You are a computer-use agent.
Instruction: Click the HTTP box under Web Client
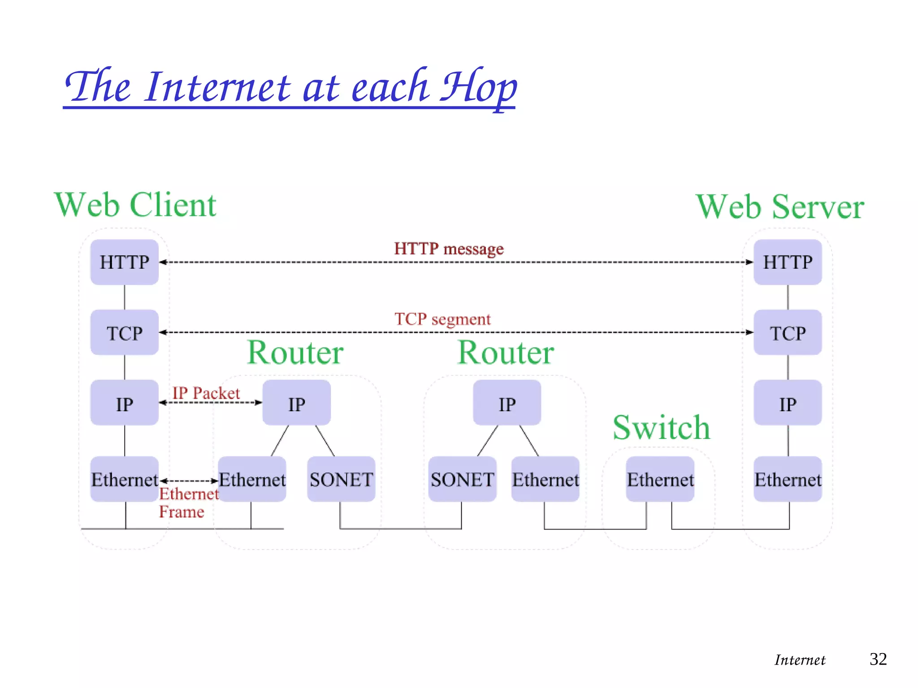point(124,262)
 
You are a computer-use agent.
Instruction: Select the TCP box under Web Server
point(788,333)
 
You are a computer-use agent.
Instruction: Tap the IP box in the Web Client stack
point(124,403)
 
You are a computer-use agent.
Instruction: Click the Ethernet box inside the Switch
point(660,479)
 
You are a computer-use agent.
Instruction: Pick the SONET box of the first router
point(341,479)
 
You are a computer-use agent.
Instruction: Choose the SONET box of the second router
point(462,479)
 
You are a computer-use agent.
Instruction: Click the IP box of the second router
point(507,403)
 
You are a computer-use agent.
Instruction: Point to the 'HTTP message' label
point(449,249)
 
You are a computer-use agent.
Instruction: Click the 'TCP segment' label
point(442,319)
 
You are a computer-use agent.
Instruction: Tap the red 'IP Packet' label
point(206,393)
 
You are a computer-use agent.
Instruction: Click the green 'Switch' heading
point(661,428)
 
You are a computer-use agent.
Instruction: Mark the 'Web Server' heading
point(780,207)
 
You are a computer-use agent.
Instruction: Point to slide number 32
point(878,659)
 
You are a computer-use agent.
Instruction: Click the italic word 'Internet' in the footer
point(800,660)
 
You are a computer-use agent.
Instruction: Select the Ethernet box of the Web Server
point(788,479)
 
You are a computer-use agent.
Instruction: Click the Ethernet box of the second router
point(546,479)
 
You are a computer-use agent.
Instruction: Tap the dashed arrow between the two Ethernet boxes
point(189,481)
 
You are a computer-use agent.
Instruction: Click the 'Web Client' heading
point(135,205)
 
